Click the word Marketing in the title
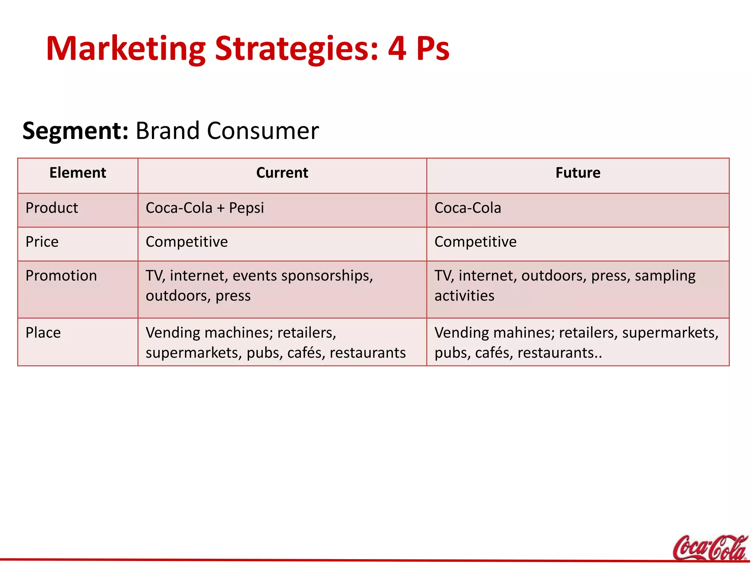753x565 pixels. (x=125, y=49)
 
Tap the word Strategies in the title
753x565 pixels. (x=296, y=49)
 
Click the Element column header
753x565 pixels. (x=78, y=173)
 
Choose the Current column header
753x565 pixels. (x=282, y=173)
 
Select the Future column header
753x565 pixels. (x=578, y=173)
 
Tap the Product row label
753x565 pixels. (x=52, y=208)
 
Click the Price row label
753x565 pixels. (x=42, y=242)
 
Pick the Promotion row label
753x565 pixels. (x=61, y=276)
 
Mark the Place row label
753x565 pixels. (x=43, y=333)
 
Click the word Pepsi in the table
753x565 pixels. (x=246, y=208)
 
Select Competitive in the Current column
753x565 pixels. (x=187, y=242)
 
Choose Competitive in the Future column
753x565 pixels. (x=475, y=242)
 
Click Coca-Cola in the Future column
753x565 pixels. (x=468, y=208)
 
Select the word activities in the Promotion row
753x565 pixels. (x=464, y=296)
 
